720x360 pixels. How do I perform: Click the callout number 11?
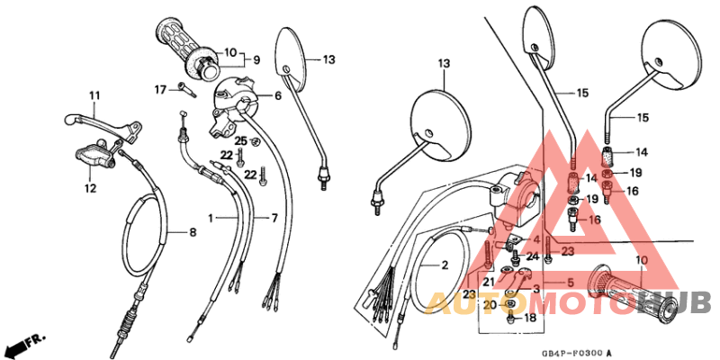[93, 95]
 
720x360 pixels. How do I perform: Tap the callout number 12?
[90, 188]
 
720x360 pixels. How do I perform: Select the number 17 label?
[159, 89]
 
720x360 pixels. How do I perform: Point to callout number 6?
[278, 95]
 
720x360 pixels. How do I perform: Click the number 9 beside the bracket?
[256, 60]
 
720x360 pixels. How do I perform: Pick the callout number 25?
[240, 141]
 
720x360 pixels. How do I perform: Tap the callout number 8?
[192, 232]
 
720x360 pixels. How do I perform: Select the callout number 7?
[275, 219]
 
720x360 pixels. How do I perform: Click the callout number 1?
[211, 219]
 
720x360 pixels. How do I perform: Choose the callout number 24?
[533, 256]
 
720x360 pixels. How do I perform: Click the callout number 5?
[569, 283]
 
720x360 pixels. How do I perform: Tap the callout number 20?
[488, 305]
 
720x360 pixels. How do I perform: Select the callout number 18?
[530, 318]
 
